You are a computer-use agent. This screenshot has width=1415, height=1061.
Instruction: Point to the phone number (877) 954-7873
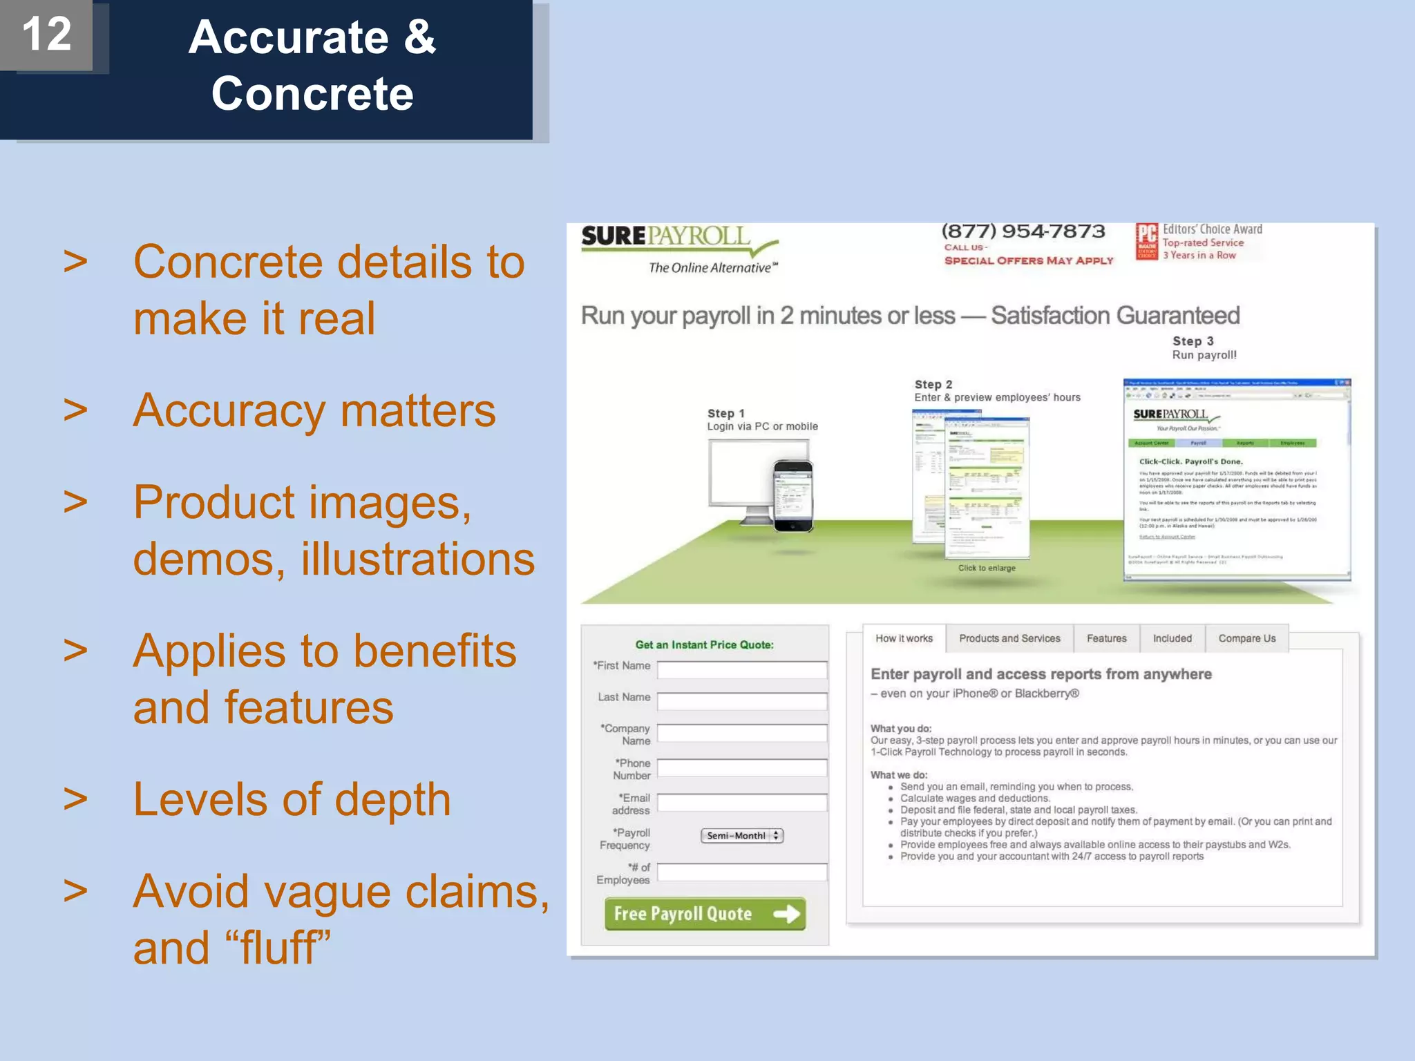click(1023, 231)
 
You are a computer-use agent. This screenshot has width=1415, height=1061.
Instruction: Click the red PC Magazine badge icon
click(1147, 242)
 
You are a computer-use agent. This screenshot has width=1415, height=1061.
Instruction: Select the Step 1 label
click(725, 413)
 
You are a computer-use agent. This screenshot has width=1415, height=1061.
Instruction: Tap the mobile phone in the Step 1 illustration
click(793, 496)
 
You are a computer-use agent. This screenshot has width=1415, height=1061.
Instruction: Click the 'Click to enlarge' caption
click(987, 568)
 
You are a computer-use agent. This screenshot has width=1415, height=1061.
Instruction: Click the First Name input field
click(742, 669)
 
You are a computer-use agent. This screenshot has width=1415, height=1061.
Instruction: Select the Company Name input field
click(742, 733)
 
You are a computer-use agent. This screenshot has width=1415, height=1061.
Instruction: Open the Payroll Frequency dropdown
click(741, 836)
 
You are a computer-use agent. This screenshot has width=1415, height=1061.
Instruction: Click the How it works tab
click(904, 638)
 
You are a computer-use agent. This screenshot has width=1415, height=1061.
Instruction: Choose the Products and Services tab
click(1009, 638)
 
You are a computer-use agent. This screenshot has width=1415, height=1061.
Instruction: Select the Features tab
click(1106, 638)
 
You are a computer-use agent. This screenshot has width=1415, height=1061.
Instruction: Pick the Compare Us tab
click(1246, 638)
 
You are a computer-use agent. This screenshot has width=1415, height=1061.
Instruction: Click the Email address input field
click(742, 802)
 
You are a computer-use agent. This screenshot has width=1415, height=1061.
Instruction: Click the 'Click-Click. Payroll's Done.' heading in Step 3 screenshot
click(1190, 461)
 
